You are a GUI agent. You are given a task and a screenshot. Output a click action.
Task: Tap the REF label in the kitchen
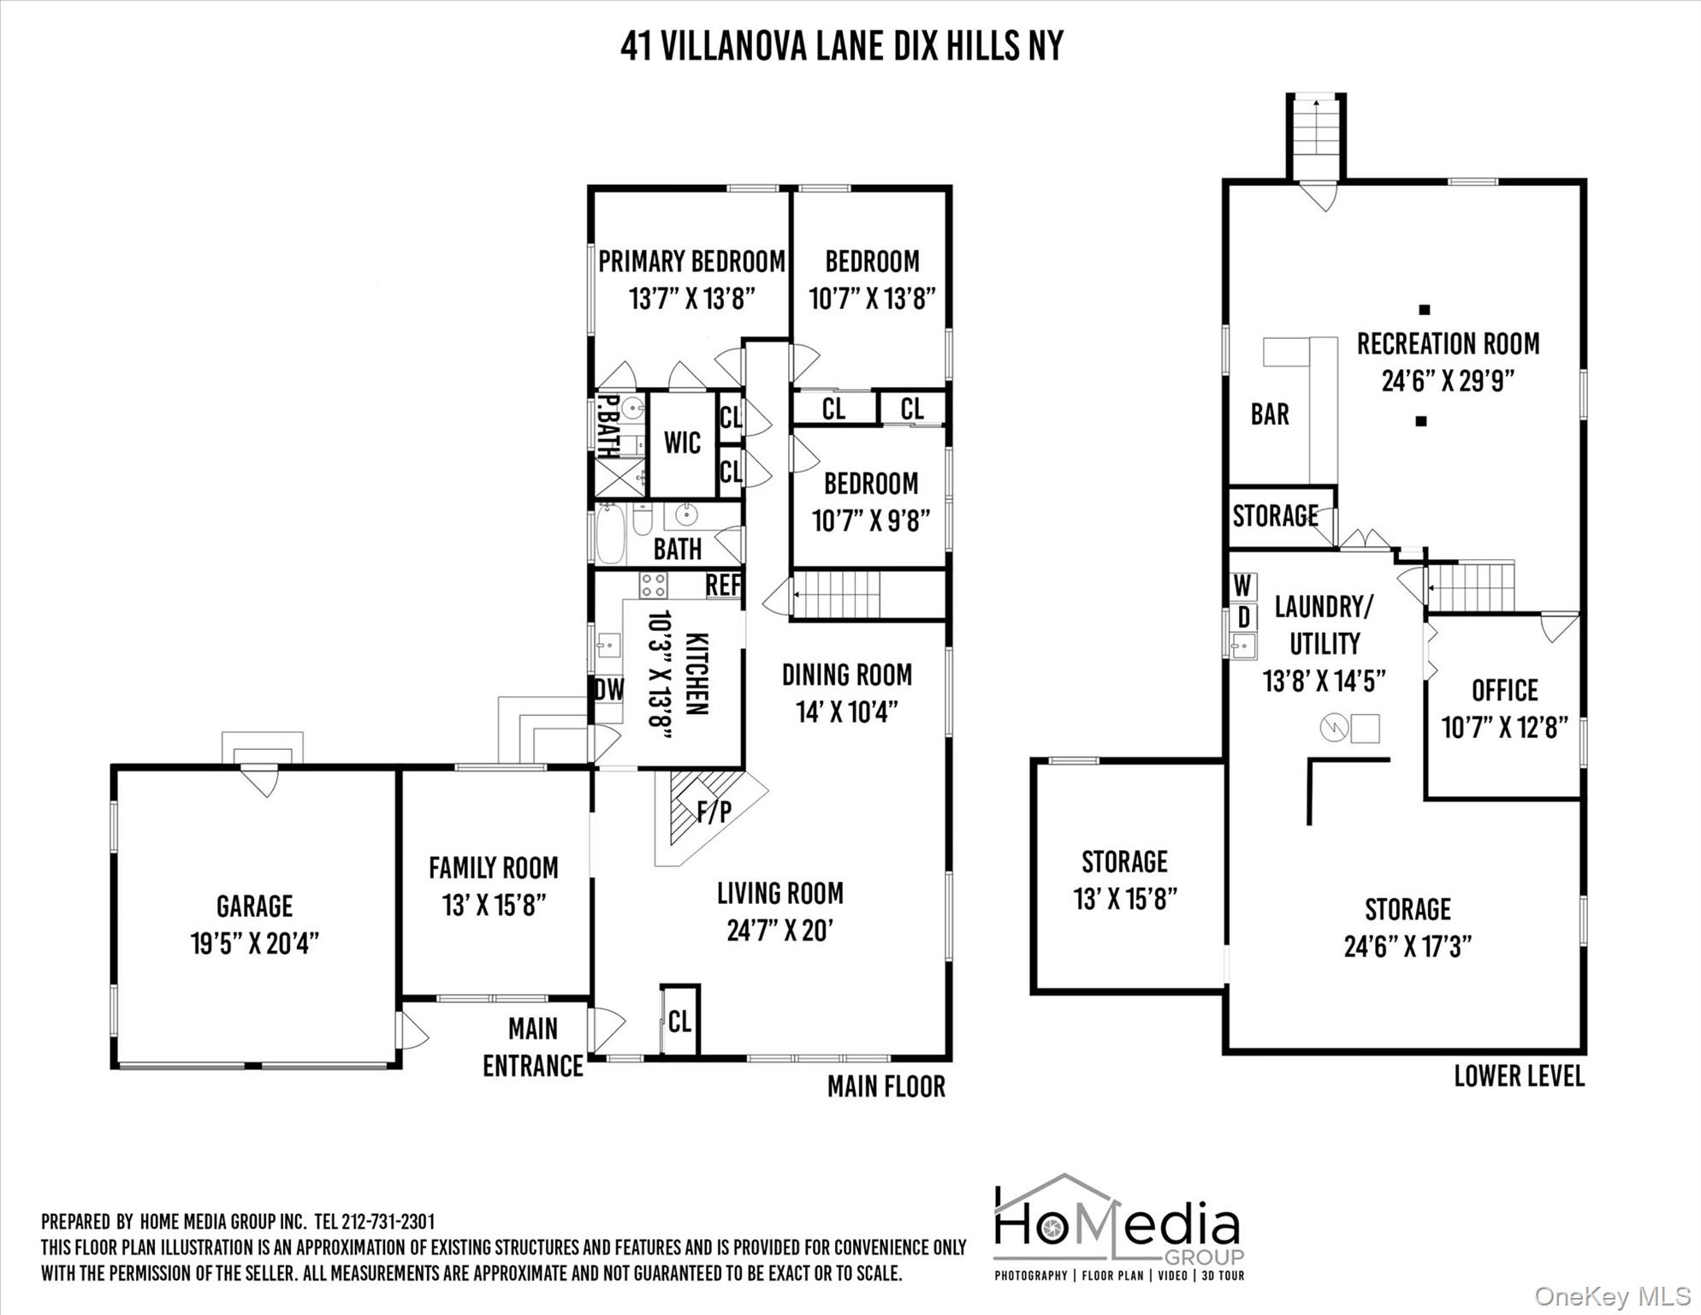(x=723, y=586)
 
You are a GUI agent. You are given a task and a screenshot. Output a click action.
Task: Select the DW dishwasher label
(x=609, y=689)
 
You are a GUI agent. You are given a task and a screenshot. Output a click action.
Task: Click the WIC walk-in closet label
(x=682, y=443)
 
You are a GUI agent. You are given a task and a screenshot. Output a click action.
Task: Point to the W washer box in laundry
(x=1242, y=586)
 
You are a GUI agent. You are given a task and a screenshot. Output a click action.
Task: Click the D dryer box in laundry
(x=1243, y=617)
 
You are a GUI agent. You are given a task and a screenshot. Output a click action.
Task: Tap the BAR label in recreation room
(x=1270, y=415)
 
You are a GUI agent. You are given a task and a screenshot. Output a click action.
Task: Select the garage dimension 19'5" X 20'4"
(x=254, y=944)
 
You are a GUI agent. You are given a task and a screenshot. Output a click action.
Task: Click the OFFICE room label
(x=1504, y=690)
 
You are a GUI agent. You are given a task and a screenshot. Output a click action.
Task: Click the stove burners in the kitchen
(x=653, y=586)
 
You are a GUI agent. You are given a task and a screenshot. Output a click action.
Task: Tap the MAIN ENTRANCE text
(x=533, y=1047)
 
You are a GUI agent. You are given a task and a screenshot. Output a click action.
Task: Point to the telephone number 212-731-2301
(x=388, y=1222)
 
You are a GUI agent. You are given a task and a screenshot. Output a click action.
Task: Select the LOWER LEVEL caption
(x=1519, y=1076)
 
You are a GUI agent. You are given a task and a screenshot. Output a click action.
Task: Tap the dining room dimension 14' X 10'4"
(x=847, y=712)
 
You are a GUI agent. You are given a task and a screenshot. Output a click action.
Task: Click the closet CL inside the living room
(x=679, y=1021)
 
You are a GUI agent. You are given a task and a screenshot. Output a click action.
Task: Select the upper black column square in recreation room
(x=1425, y=310)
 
